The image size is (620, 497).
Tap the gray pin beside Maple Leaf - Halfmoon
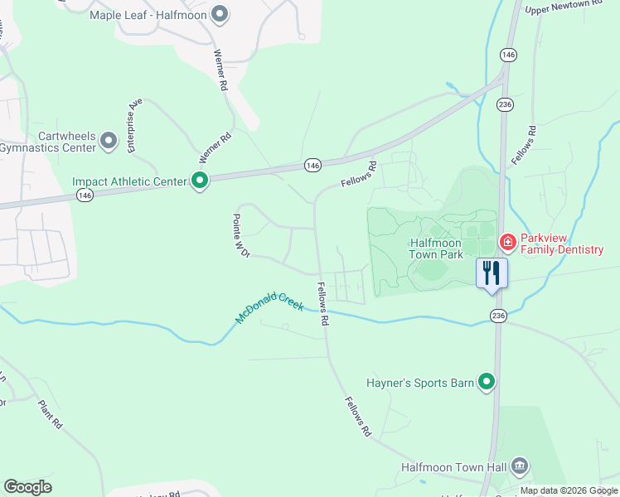pos(220,13)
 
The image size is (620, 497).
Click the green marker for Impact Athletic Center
pos(200,180)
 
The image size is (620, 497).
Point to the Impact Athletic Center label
pos(130,181)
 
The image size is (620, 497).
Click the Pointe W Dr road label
pos(240,235)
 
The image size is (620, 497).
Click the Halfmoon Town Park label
pos(435,248)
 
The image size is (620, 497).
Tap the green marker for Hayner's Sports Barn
pos(487,382)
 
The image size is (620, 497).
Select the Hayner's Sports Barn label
pos(419,383)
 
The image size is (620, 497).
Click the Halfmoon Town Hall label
pos(453,467)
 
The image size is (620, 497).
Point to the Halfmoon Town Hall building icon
pos(520,466)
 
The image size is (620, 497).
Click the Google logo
pos(27,487)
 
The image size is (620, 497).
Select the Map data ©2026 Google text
pos(569,490)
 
